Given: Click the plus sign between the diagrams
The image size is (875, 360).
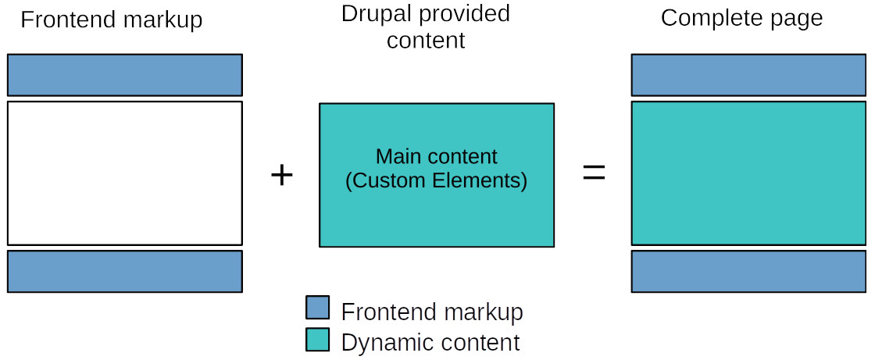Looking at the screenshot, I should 281,175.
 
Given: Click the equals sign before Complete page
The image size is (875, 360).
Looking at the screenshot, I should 594,174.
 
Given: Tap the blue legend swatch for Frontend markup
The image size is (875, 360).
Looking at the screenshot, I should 317,308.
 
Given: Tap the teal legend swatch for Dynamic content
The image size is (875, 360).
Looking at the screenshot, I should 317,340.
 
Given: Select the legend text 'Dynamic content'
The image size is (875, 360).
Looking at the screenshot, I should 430,342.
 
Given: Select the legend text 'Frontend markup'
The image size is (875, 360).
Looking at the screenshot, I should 432,312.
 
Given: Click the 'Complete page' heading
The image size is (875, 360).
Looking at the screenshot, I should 741,18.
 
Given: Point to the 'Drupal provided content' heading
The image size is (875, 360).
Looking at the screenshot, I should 426,27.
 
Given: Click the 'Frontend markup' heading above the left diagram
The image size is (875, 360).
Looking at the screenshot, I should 112,20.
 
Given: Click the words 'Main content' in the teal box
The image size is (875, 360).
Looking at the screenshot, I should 436,156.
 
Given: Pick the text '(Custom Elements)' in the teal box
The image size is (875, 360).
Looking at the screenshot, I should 436,180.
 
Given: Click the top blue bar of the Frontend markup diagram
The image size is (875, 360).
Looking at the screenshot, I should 125,75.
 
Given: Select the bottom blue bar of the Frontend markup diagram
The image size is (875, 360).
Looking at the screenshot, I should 125,271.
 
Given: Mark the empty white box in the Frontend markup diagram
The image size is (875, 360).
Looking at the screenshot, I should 125,173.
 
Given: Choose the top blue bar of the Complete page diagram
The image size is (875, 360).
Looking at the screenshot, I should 748,75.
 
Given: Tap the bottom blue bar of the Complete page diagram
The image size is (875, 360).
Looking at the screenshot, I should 748,271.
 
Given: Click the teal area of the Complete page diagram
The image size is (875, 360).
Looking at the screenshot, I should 748,173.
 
